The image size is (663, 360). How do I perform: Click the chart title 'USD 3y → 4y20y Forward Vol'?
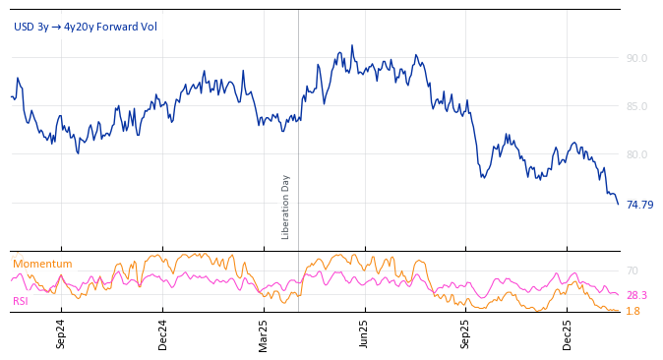coord(85,27)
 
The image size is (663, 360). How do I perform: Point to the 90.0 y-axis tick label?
coord(636,58)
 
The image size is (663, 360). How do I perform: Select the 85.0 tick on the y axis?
coord(636,106)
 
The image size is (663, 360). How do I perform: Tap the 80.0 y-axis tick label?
coord(636,154)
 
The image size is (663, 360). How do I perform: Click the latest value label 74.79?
coord(639,205)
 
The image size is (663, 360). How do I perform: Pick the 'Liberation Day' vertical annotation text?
coord(286,207)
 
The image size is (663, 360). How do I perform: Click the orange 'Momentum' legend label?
coord(42,264)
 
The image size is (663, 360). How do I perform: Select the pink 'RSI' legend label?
coord(20,301)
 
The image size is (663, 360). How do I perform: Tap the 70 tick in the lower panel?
coord(632,270)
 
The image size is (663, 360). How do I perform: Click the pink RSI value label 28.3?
coord(636,295)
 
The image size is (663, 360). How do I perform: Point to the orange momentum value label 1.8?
coord(633,311)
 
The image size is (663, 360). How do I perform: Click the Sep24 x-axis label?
coord(61,333)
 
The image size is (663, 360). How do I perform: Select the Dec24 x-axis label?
coord(162,333)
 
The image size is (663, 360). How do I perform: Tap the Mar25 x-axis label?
coord(263,333)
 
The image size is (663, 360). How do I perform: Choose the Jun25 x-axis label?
coord(364,333)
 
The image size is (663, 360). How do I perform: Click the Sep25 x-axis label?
coord(465,333)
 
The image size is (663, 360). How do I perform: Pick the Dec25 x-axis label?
coord(567,333)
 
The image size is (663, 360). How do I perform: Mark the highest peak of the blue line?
coord(351,45)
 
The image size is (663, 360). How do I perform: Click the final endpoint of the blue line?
coord(618,204)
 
